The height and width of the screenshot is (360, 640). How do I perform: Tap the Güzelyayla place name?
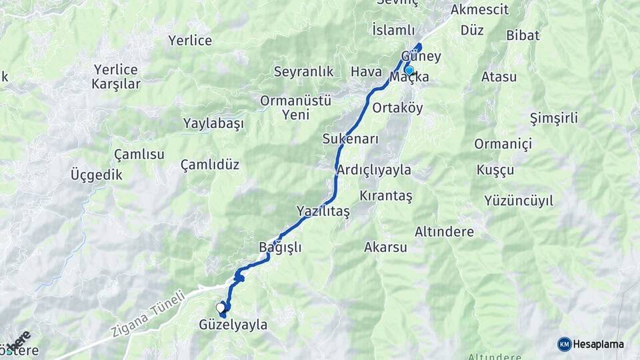233,325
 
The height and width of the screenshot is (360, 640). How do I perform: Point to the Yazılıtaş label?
323,211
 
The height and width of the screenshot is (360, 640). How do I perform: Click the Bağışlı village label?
280,247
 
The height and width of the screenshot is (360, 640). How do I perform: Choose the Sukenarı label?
350,139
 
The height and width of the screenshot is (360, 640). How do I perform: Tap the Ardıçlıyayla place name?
374,170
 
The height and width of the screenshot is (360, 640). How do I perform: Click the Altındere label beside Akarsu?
444,232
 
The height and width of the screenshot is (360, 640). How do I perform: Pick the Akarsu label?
385,247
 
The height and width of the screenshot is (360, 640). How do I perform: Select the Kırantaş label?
386,196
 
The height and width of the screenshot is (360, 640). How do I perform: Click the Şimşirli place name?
553,119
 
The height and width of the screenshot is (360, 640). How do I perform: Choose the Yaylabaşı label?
213,124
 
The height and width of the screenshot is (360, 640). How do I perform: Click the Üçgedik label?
97,175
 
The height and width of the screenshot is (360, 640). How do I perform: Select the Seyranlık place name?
303,71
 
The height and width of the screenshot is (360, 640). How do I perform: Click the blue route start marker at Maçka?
409,70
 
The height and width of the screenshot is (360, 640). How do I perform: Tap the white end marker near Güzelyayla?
221,307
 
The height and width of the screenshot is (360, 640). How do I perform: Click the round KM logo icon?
564,344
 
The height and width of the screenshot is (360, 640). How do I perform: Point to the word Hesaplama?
598,344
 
